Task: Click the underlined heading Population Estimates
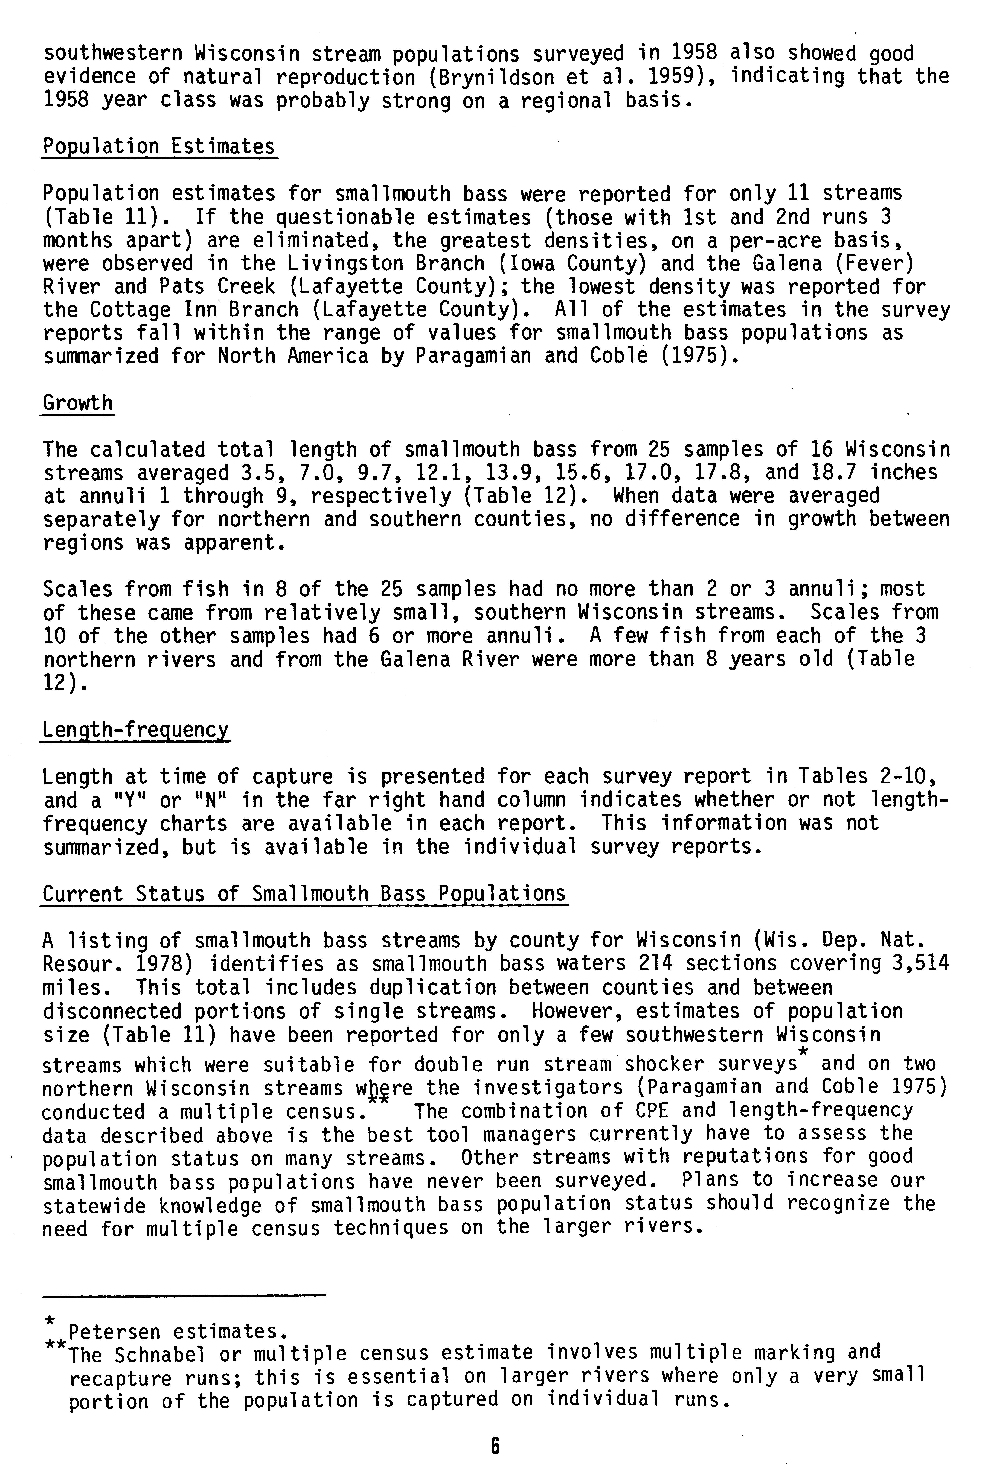click(159, 147)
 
